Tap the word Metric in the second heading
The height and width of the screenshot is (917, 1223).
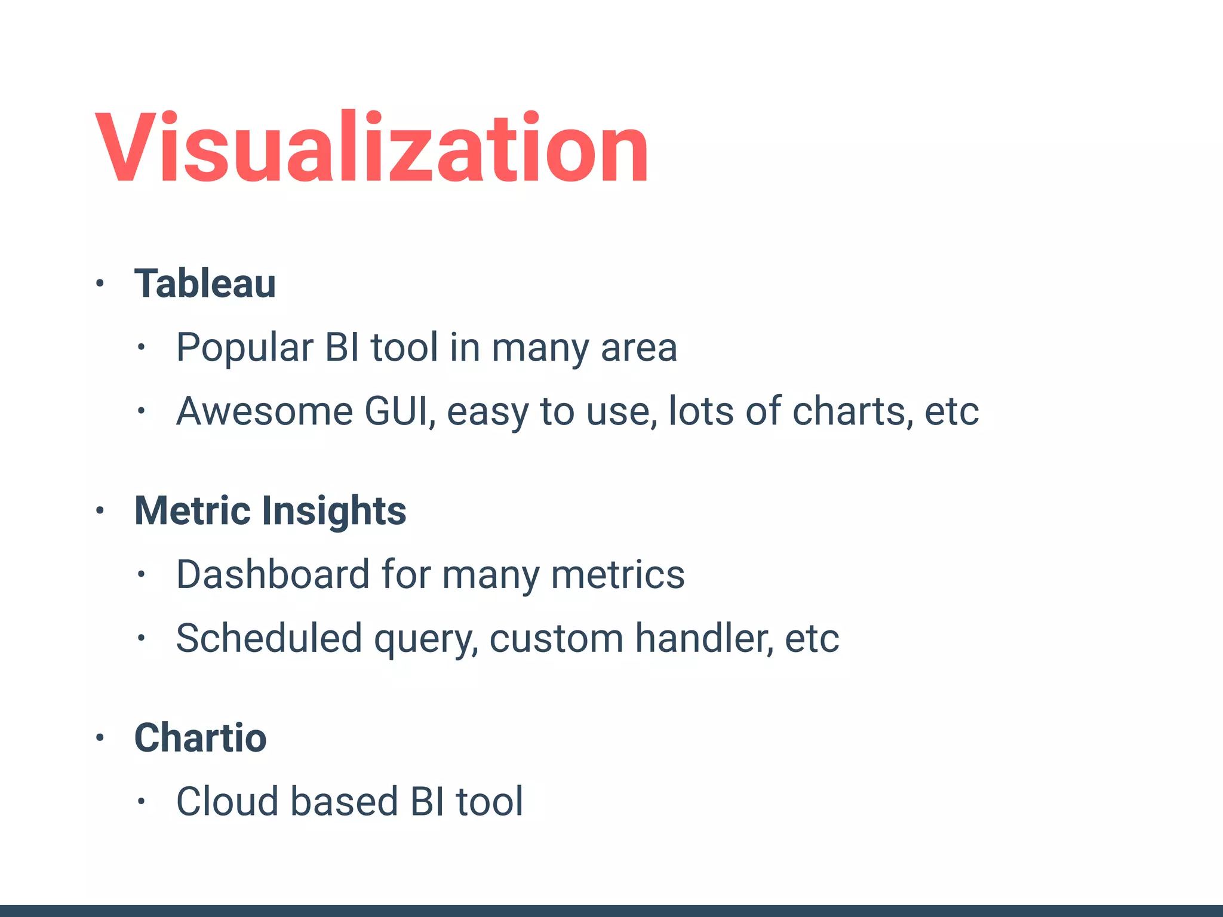pos(192,511)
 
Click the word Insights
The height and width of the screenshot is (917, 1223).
pos(334,512)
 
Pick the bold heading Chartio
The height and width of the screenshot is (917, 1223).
pos(201,738)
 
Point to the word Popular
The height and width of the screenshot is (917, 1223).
pos(245,347)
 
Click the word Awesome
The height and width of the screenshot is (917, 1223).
pos(265,411)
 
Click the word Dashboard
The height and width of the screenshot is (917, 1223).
pos(273,574)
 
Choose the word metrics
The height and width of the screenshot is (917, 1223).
pos(617,574)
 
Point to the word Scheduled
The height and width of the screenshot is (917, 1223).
pos(269,638)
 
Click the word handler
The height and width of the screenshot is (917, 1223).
pos(704,638)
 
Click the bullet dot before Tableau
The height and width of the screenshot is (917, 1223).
pos(100,284)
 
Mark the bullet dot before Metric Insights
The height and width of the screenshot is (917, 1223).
pos(100,511)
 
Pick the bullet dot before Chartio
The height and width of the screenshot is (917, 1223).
pos(100,738)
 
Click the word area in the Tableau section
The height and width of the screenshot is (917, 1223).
pos(639,349)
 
